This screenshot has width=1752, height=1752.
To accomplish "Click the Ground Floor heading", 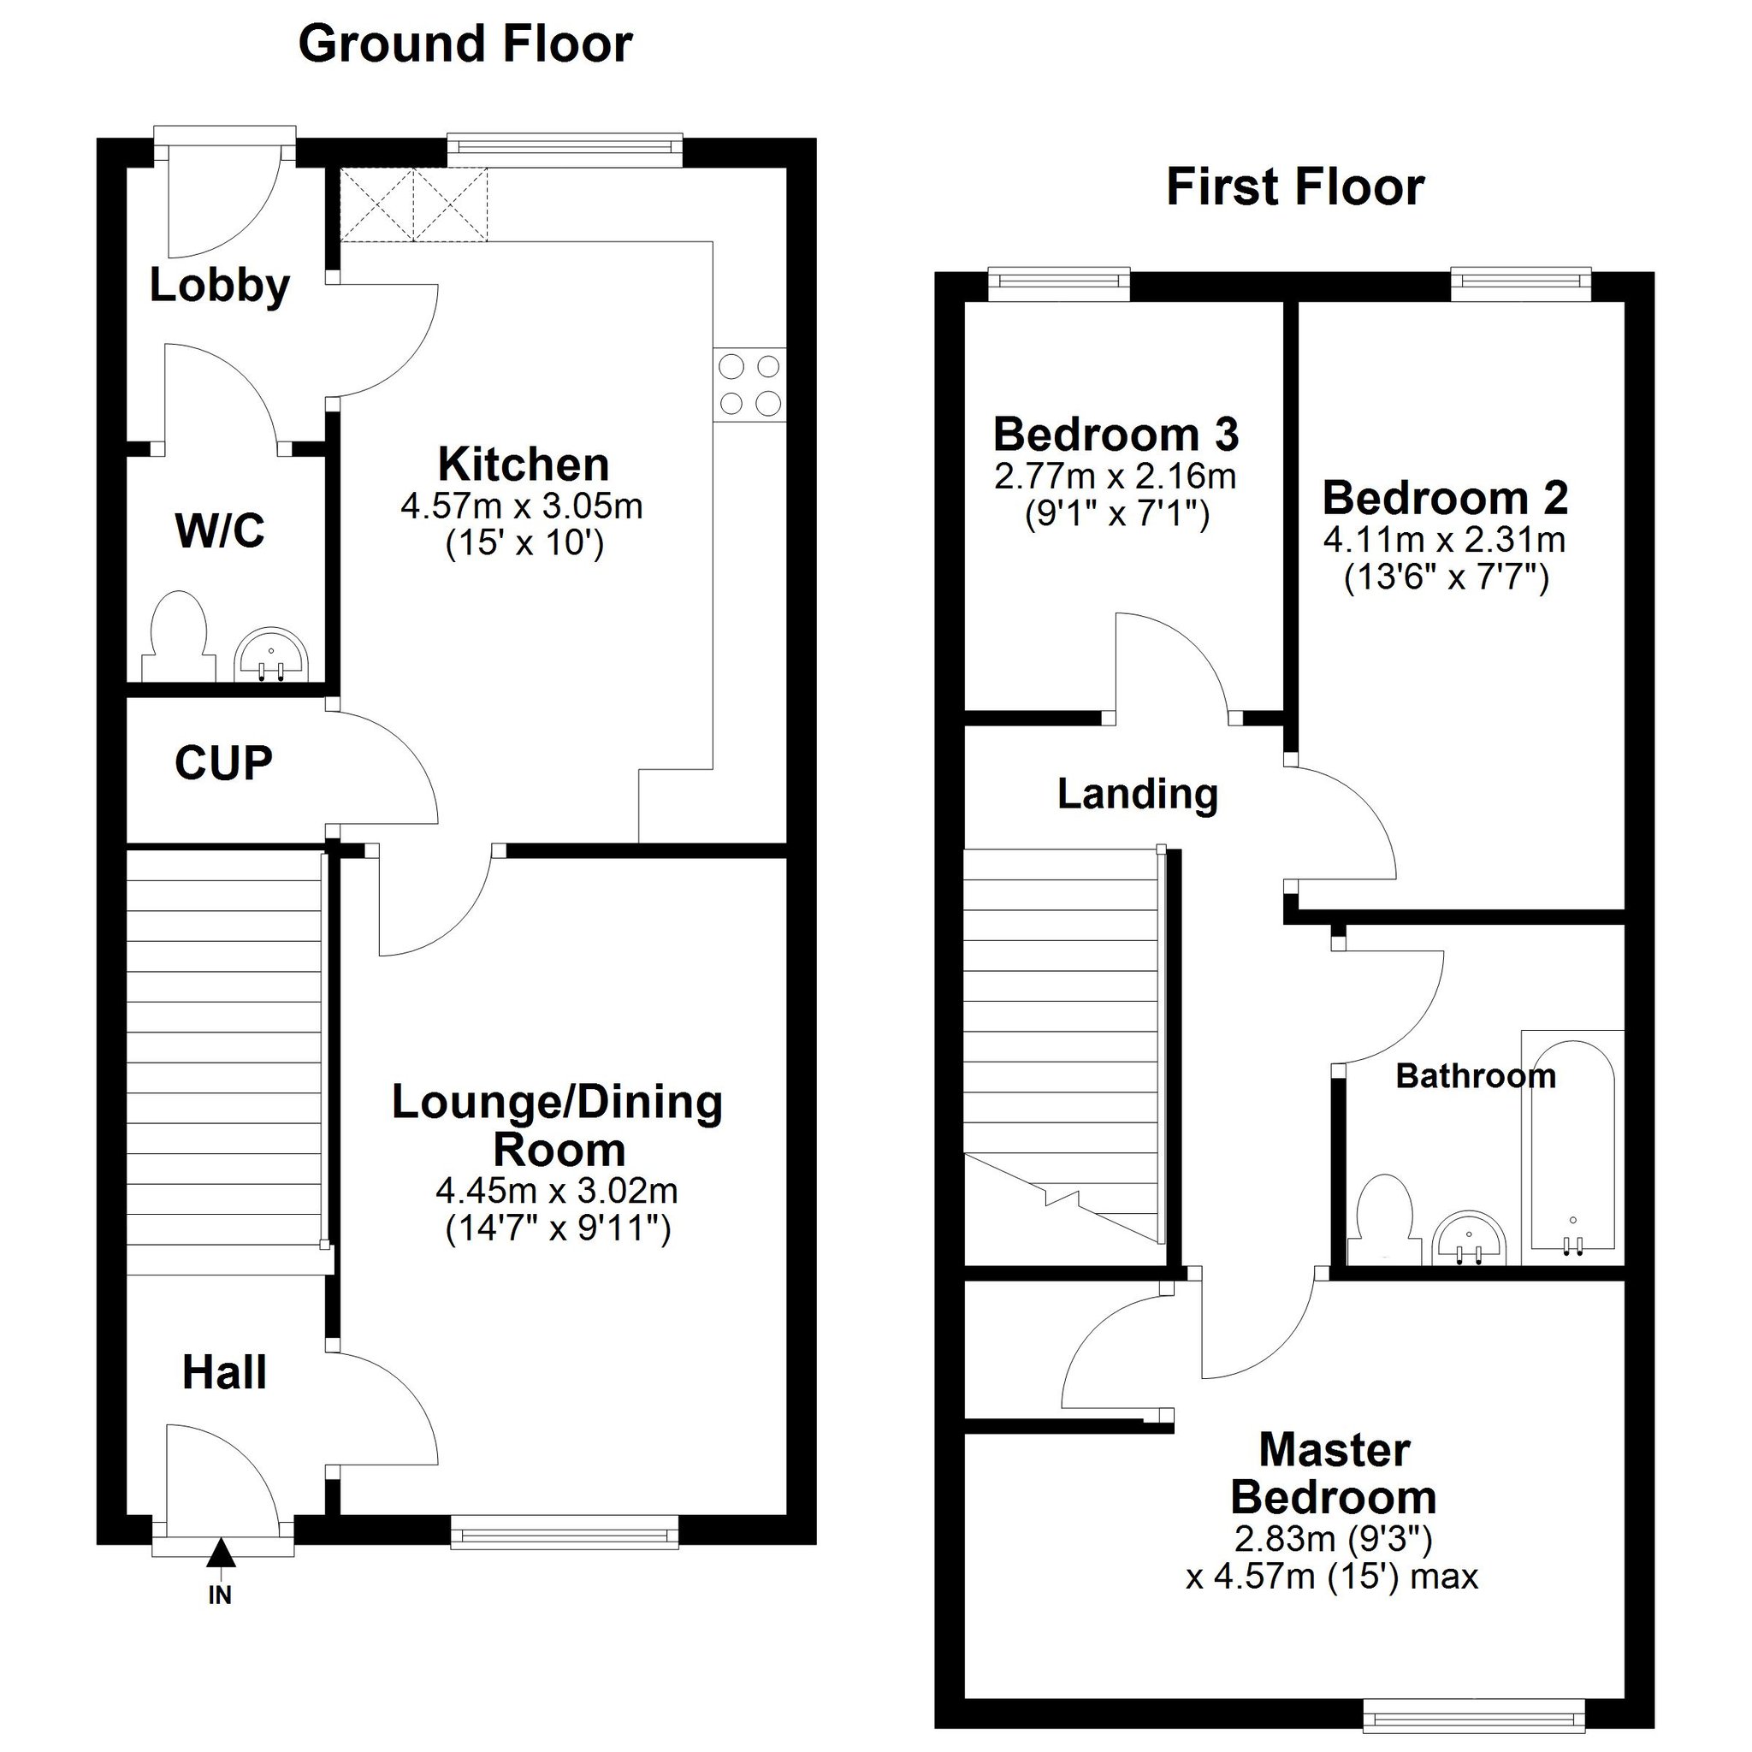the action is (465, 44).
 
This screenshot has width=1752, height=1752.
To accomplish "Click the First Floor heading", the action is (1294, 187).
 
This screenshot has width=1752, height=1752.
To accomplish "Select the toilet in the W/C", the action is (179, 636).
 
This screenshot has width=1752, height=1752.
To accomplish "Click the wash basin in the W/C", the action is (272, 654).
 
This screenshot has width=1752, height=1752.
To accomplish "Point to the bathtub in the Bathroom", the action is (1571, 1146).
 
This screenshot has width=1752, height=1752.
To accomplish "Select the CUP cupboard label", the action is (223, 762).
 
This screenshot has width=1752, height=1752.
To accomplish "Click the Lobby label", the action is (220, 286).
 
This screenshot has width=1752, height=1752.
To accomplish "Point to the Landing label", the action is (1137, 795).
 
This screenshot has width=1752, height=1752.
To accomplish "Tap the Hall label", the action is (224, 1372).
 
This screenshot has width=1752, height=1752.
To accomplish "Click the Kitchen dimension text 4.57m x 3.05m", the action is (522, 506).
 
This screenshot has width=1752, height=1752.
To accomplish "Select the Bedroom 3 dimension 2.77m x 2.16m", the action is (1115, 476).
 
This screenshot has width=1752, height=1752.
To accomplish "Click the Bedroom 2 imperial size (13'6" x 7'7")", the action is (1446, 577).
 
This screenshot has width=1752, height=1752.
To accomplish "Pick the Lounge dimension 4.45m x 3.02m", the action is (557, 1190).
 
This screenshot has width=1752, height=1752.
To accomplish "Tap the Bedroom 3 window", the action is (1058, 284).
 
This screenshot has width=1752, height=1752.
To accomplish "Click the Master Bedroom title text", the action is (1333, 1474).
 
